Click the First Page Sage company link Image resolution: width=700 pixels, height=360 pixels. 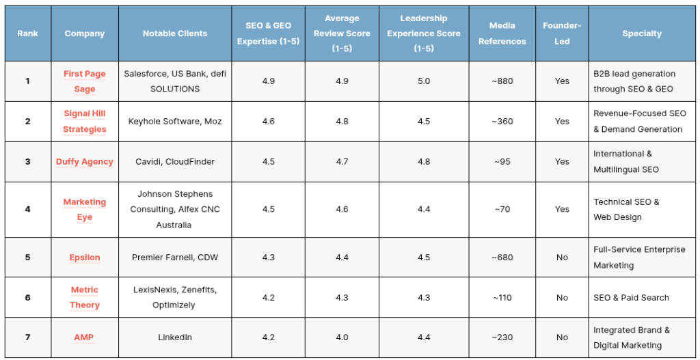point(84,81)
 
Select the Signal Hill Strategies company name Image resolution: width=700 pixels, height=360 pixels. point(84,122)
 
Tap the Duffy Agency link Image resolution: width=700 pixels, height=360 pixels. point(84,161)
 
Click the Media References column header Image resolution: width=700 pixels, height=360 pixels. point(502,33)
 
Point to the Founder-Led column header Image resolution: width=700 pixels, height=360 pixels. point(562,33)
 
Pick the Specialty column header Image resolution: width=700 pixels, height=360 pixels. point(642,33)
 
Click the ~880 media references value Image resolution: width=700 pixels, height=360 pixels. point(502,81)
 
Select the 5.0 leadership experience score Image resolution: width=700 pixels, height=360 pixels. point(424,81)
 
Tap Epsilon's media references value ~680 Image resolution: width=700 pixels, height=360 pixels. point(502,258)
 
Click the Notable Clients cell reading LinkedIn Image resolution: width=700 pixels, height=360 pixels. point(175,337)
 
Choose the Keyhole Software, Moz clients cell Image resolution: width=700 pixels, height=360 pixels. point(175,122)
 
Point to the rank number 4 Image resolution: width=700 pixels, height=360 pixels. point(27,209)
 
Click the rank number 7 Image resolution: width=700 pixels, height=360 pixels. point(27,337)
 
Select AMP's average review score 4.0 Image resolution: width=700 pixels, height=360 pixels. point(342,337)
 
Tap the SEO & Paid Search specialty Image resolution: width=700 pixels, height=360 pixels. point(631,298)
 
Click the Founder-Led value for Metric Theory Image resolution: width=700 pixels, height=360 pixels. point(562,298)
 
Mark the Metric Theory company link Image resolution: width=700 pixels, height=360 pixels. point(84,298)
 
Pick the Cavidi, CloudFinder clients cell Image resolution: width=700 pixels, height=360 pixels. point(175,161)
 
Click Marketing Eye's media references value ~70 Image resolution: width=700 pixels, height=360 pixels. point(502,209)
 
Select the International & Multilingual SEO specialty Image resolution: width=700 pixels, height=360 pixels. point(626,161)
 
